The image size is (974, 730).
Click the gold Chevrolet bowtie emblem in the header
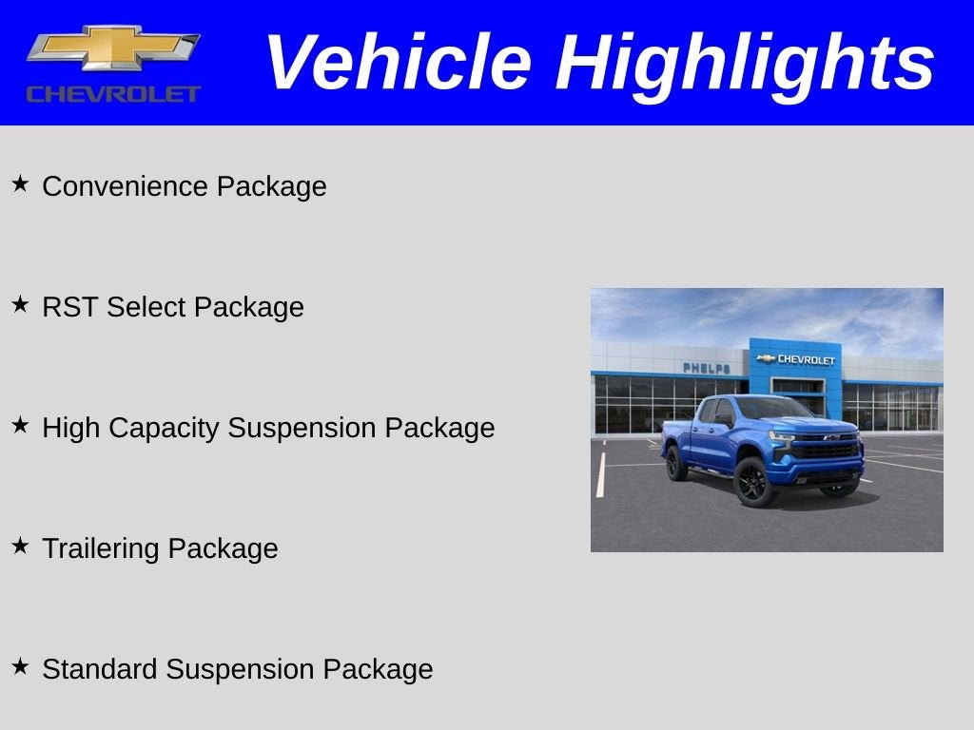113,47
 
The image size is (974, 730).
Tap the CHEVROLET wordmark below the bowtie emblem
113,94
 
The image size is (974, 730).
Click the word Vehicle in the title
397,63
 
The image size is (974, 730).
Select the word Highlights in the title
745,63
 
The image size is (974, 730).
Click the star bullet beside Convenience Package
20,182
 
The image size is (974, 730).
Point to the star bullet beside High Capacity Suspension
20,424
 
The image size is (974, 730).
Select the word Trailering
101,548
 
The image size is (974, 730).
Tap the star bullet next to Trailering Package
20,545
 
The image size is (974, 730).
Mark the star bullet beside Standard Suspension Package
20,665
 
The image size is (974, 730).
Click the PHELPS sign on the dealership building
707,368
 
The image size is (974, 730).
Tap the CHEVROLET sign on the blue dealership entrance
797,359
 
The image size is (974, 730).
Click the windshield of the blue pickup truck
770,410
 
